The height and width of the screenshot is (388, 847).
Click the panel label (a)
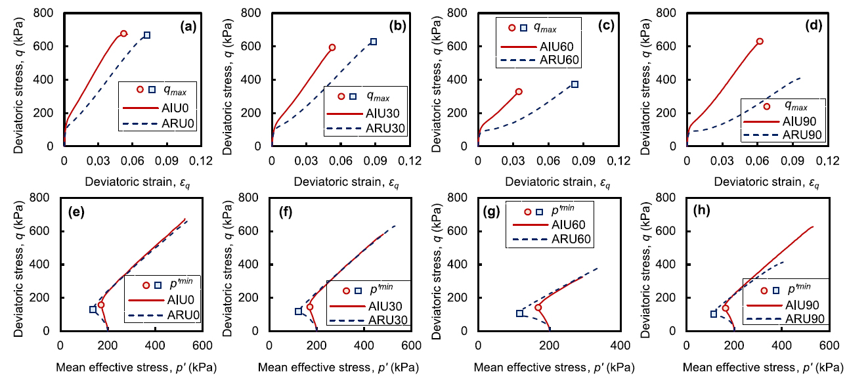190,28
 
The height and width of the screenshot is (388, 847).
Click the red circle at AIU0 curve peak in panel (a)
123,33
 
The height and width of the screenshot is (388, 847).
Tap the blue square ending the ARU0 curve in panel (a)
147,35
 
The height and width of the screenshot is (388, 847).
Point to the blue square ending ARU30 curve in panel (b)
374,41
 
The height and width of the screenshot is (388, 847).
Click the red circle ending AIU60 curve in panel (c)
519,91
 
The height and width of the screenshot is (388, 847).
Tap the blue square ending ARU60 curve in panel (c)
575,84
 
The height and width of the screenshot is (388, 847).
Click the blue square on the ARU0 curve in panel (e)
93,309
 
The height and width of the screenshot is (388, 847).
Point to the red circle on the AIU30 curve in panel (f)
310,307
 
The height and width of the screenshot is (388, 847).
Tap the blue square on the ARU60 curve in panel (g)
520,313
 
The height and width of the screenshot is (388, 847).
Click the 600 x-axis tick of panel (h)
827,346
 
